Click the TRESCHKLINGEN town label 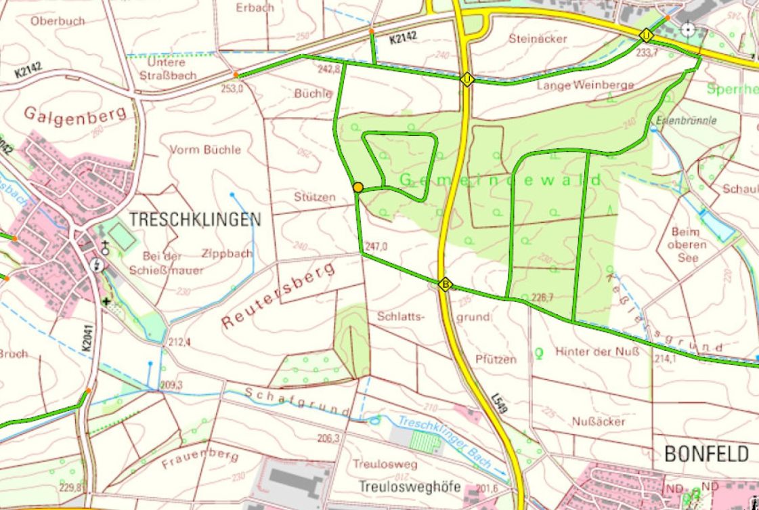coord(194,219)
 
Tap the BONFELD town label coord(706,453)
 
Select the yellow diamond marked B coord(445,284)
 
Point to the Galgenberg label coord(76,115)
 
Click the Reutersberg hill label coord(279,296)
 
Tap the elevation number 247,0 coord(376,247)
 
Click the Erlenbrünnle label coord(686,121)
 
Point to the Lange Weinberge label coord(585,85)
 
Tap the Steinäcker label coord(538,39)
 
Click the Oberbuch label coord(58,21)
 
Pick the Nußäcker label coord(599,421)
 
